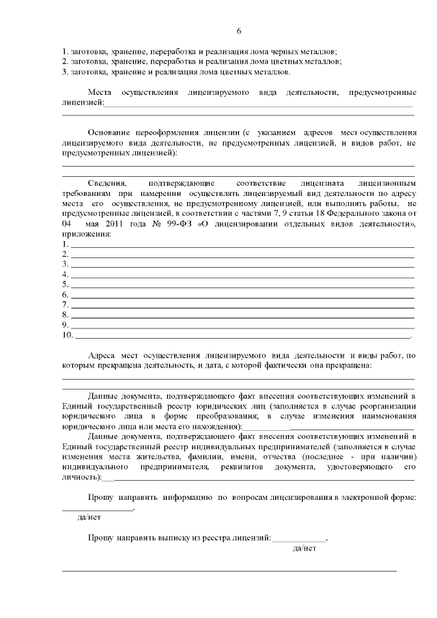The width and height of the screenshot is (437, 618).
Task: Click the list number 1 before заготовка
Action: (x=64, y=52)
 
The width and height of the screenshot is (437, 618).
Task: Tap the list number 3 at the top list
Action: (x=64, y=72)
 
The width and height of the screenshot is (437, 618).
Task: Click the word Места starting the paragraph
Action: (x=101, y=92)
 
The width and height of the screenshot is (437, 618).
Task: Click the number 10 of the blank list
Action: (x=67, y=335)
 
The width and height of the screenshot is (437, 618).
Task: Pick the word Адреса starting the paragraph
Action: (x=102, y=356)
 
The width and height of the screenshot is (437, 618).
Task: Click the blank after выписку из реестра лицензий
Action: (x=300, y=539)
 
